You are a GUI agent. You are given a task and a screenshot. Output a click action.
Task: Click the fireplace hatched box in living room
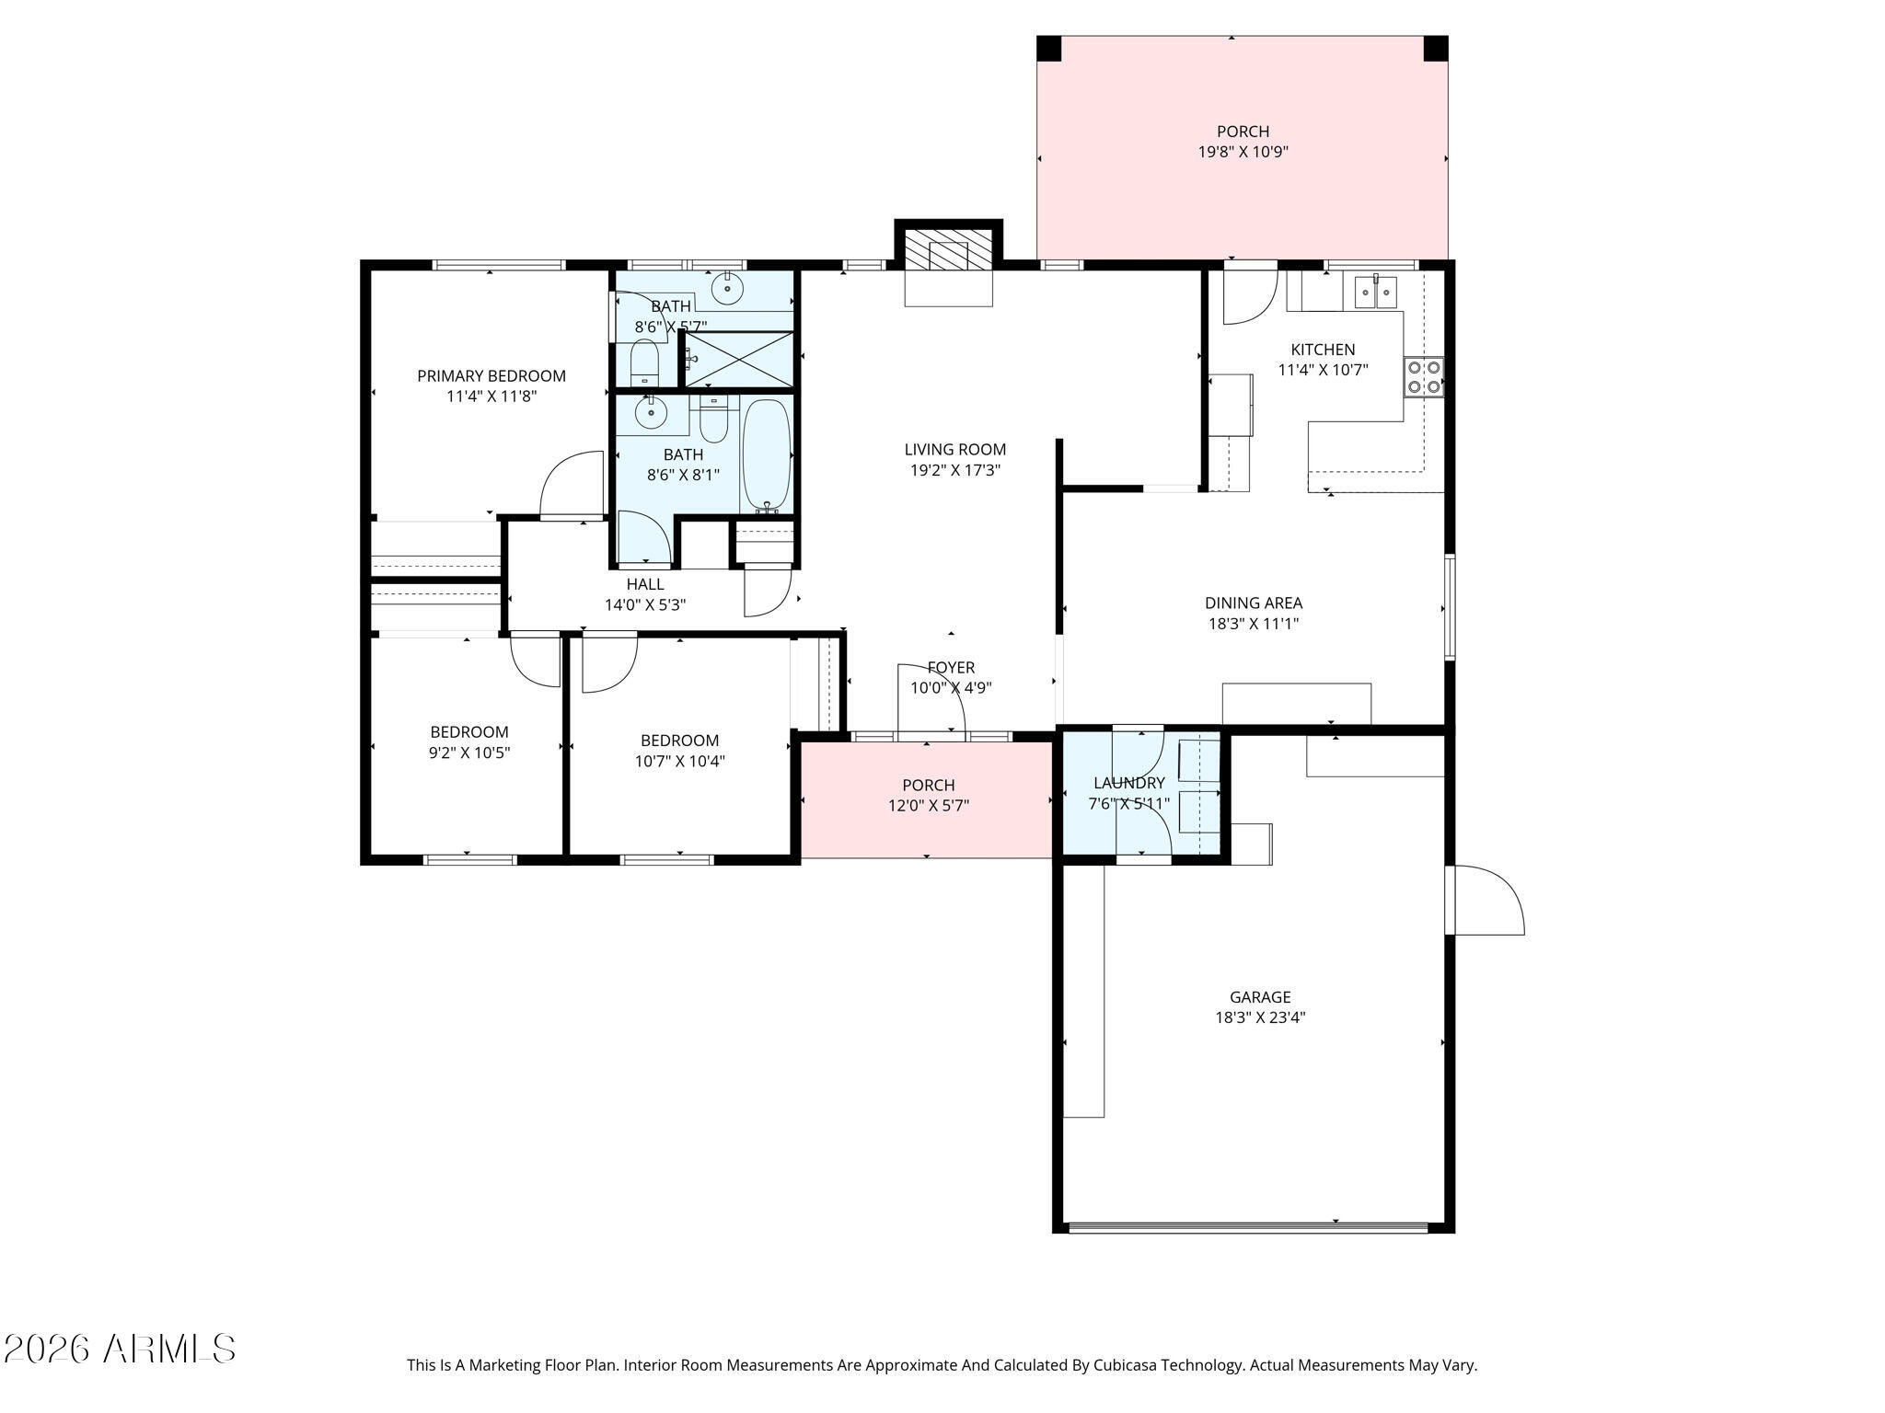coord(948,249)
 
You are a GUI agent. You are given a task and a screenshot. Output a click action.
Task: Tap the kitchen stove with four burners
coord(1424,377)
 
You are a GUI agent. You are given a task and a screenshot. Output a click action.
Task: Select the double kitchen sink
coord(1375,293)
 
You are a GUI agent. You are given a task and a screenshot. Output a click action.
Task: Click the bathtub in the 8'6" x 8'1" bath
coord(767,455)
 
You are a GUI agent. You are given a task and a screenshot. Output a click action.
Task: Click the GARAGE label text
coord(1260,996)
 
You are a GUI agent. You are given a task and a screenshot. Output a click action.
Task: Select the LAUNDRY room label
coord(1128,783)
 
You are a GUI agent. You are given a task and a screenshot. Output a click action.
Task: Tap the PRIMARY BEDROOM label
coord(491,375)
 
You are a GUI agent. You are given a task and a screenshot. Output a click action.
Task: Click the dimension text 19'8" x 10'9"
coord(1243,153)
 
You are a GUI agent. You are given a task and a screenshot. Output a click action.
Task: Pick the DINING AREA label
coord(1253,603)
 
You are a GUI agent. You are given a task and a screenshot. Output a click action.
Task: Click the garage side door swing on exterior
coord(1486,902)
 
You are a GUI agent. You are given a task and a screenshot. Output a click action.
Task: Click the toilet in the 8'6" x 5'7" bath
coord(644,363)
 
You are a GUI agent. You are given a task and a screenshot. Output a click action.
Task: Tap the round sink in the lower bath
coord(652,414)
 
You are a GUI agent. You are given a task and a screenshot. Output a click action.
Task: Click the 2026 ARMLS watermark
coord(120,1350)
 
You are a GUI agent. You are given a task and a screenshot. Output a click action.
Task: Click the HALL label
coord(644,584)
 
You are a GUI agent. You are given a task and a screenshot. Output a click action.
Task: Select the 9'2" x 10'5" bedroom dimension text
coord(469,752)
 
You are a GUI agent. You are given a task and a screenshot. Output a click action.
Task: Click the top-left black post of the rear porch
coord(1049,48)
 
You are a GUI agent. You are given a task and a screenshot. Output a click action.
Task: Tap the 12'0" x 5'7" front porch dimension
coord(928,806)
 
